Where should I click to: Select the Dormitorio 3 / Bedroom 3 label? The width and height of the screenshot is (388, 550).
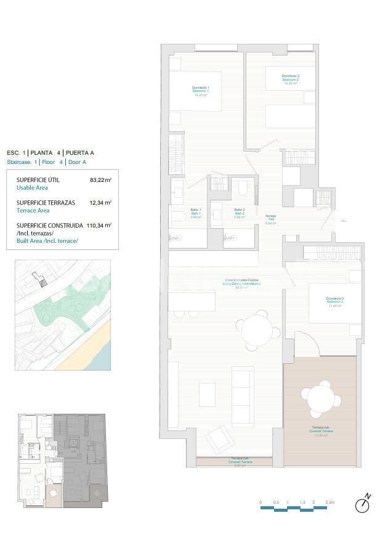[335, 302]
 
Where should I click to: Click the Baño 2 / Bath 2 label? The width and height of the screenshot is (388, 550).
[240, 213]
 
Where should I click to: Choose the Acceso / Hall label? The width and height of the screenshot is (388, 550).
[270, 219]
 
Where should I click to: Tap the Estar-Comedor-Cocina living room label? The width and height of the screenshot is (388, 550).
[242, 283]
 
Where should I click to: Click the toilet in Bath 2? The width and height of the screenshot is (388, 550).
[241, 187]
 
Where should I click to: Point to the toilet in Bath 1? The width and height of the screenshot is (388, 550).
[178, 215]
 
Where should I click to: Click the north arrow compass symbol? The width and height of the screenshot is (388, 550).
[363, 504]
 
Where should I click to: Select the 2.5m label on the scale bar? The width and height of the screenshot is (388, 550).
[329, 503]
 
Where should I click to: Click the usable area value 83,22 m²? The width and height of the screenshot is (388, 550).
[100, 180]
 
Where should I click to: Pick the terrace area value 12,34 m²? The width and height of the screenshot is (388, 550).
[100, 202]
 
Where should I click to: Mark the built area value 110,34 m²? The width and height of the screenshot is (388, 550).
[99, 225]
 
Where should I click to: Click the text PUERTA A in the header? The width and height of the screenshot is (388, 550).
[81, 152]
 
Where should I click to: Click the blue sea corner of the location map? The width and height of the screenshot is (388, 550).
[104, 358]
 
